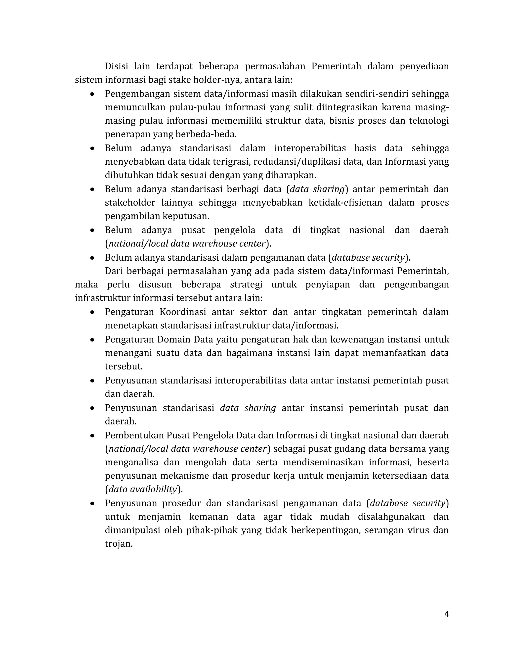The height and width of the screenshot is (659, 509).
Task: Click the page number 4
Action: click(447, 614)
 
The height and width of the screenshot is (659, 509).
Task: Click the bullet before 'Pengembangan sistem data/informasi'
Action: click(92, 94)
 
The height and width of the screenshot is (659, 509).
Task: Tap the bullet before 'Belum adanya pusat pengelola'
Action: click(92, 231)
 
